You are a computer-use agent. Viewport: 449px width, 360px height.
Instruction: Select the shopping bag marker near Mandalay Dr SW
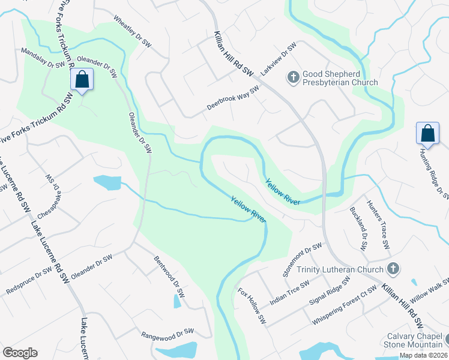pyautogui.click(x=82, y=80)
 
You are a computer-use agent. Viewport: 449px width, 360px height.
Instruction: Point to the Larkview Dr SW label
pyautogui.click(x=279, y=59)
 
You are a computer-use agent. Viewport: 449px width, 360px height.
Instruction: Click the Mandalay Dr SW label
pyautogui.click(x=43, y=58)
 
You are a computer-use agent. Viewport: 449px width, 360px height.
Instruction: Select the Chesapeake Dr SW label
pyautogui.click(x=52, y=196)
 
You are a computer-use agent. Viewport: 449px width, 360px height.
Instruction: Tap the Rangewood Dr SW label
pyautogui.click(x=167, y=332)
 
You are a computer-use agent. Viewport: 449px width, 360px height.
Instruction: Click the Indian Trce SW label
pyautogui.click(x=289, y=292)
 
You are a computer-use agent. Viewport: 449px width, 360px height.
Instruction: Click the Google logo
pyautogui.click(x=20, y=353)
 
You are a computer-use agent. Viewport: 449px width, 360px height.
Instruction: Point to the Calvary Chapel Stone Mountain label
pyautogui.click(x=414, y=340)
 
